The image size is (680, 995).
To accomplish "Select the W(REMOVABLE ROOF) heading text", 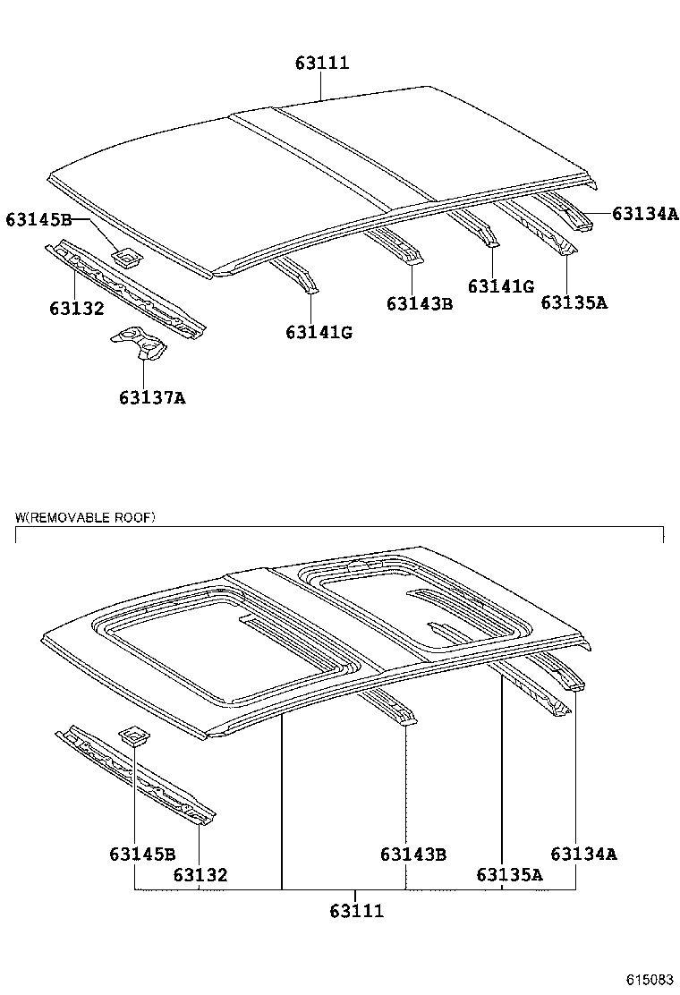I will [x=85, y=517].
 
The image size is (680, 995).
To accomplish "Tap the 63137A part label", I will [x=152, y=397].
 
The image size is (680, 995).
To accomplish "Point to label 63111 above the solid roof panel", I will [x=321, y=63].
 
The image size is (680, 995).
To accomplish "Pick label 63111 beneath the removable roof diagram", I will [x=356, y=911].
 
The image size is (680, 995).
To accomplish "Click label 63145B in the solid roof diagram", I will [x=38, y=219].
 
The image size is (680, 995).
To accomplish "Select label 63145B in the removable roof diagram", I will [x=142, y=855].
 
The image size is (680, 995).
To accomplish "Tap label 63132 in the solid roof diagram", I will [x=77, y=309].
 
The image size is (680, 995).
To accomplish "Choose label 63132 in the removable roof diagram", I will [x=200, y=875].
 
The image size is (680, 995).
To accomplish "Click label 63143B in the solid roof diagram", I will [x=420, y=304].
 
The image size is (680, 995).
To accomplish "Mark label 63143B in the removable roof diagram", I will [x=412, y=855].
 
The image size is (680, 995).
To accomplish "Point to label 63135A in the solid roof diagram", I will [x=574, y=302].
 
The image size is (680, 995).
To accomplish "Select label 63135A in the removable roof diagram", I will [x=509, y=875].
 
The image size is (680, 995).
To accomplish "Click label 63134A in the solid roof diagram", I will [x=645, y=213].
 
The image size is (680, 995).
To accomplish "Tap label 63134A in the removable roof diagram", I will [x=583, y=855].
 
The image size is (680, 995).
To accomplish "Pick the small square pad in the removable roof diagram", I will [x=135, y=736].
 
